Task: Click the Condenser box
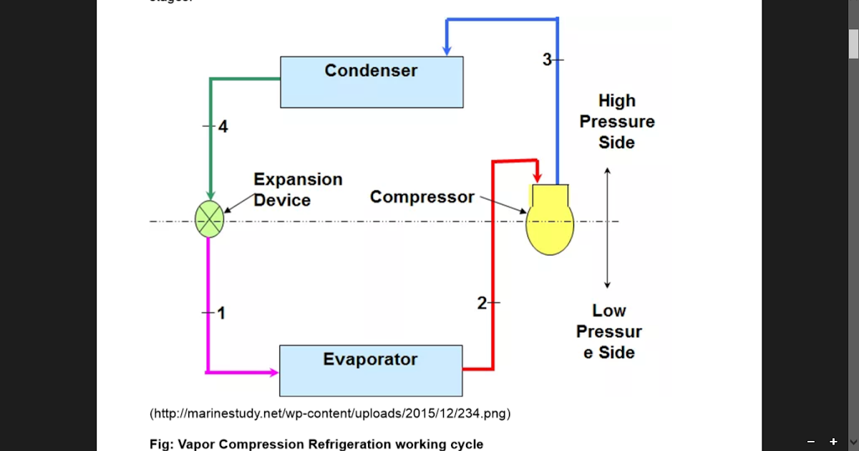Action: [x=371, y=82]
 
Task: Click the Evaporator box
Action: [x=370, y=370]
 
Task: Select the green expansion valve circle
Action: [x=209, y=219]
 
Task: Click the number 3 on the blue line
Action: [x=547, y=60]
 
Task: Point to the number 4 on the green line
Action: [x=223, y=127]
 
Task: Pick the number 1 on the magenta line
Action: [x=221, y=313]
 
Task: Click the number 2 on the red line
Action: [x=482, y=303]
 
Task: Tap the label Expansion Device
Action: [x=298, y=189]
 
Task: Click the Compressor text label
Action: [x=422, y=197]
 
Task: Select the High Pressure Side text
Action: [x=616, y=122]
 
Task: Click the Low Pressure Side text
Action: [x=608, y=331]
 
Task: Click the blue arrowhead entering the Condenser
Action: [x=447, y=50]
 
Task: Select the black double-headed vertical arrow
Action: [x=607, y=228]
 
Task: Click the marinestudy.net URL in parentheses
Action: [x=330, y=414]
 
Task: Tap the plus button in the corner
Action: [x=833, y=442]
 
